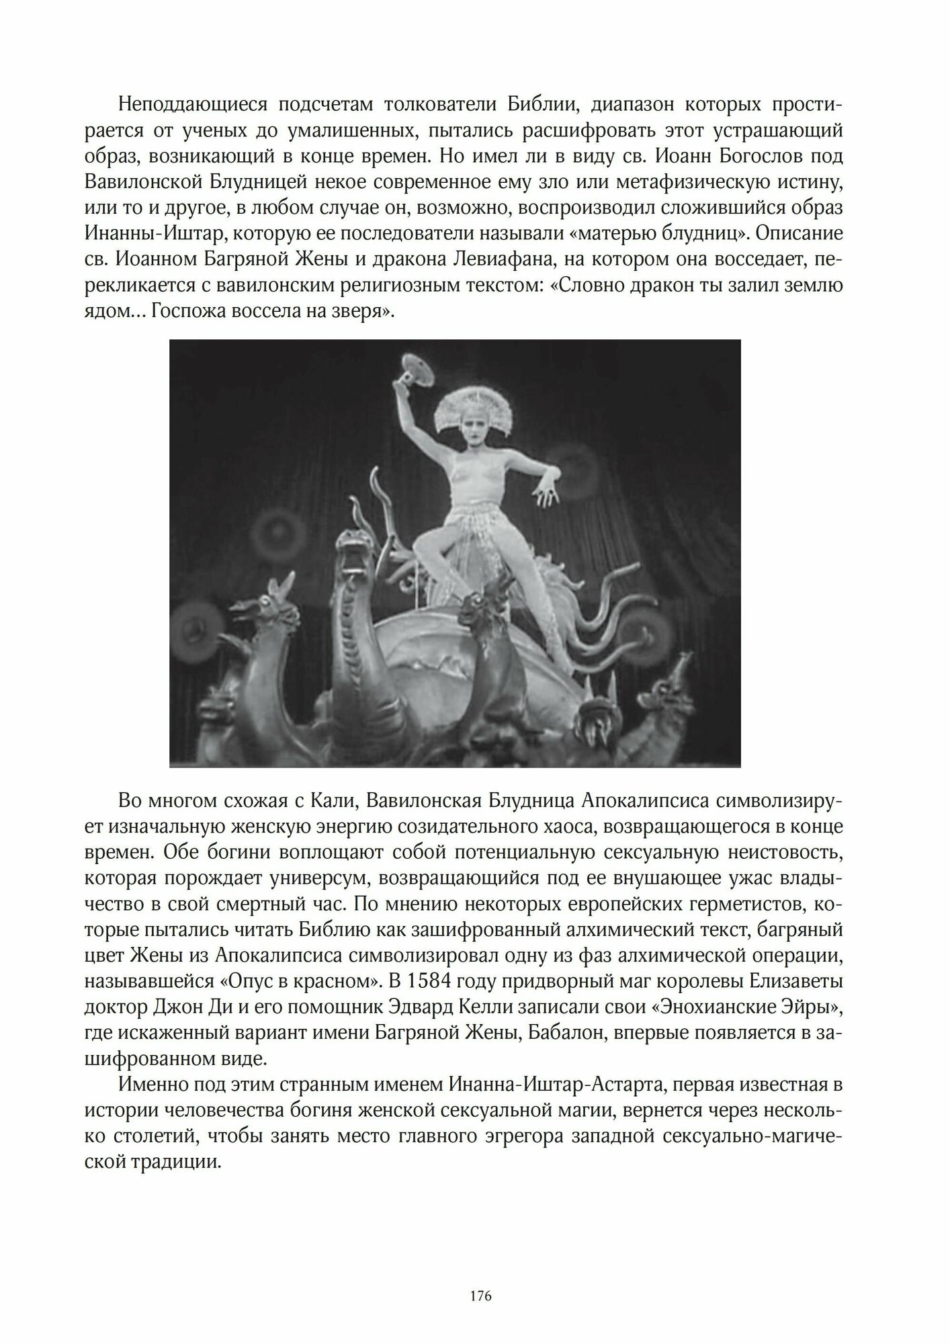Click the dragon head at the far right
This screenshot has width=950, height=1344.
pyautogui.click(x=678, y=679)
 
